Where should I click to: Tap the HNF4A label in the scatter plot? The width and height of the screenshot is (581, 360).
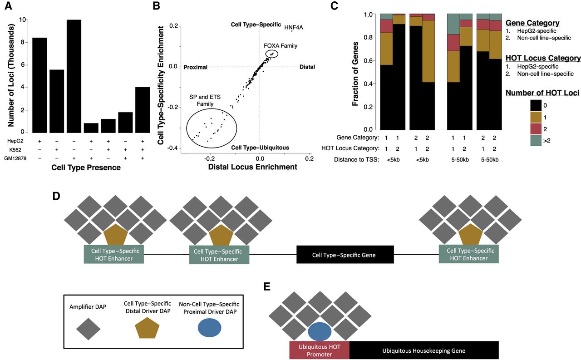click(294, 27)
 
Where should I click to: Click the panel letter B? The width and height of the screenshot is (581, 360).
click(156, 6)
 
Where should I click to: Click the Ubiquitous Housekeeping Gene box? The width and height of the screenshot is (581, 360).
click(424, 351)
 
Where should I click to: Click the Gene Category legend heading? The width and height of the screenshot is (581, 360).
click(532, 23)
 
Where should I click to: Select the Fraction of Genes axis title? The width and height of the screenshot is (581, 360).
click(355, 71)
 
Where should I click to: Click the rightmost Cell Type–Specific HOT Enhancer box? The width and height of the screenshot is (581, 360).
click(469, 254)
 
